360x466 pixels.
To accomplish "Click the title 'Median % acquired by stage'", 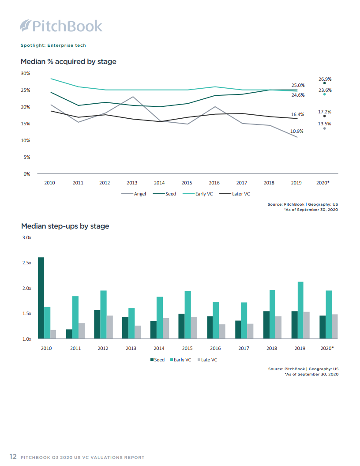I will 68,62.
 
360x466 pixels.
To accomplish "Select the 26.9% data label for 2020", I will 325,79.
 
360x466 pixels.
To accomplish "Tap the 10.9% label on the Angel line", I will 296,132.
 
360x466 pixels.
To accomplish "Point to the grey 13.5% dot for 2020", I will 324,128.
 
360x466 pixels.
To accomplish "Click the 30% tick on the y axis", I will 26,73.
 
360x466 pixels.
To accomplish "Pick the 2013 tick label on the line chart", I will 132,183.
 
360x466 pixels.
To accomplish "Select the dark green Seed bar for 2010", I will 41,298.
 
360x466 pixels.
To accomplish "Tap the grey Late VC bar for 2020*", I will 335,327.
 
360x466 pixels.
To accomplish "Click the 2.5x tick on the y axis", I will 27,263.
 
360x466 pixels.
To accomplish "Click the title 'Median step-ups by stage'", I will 65,226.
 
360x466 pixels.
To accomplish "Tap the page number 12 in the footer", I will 13,457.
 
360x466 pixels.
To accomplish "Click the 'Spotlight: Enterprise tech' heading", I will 53,45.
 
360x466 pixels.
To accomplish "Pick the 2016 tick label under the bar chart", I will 216,348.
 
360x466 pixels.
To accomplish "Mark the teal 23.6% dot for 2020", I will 324,94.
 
